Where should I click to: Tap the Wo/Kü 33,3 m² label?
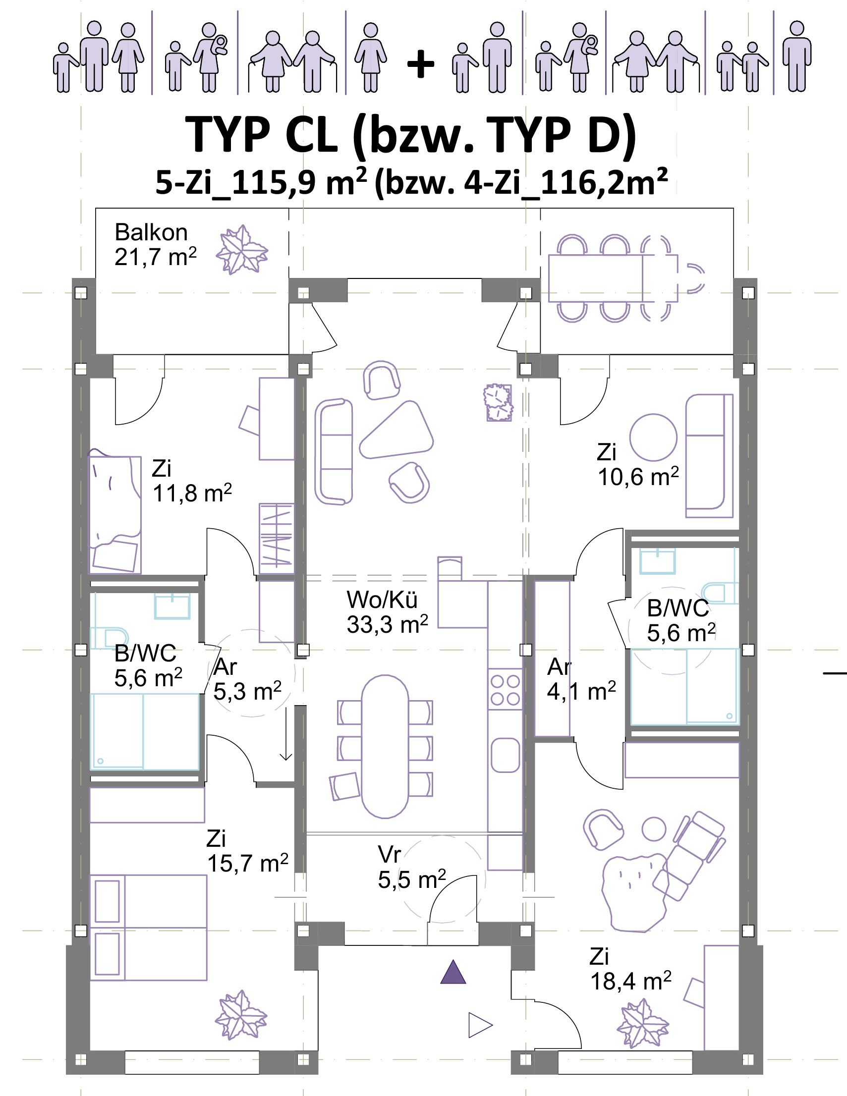coord(387,612)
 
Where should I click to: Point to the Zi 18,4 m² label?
coord(630,970)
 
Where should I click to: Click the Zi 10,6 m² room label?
coord(638,465)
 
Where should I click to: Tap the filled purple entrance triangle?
coord(453,972)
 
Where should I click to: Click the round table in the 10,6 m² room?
coord(653,437)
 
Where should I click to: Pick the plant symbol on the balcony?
coord(242,249)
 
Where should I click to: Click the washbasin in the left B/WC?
coord(172,605)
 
